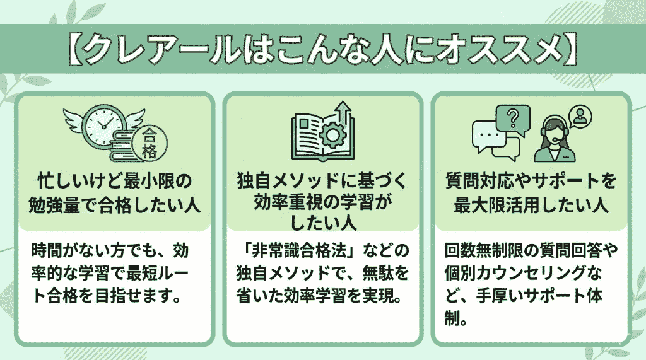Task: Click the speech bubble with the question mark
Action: point(513,118)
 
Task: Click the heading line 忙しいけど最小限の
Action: point(113,182)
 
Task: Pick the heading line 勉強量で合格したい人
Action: point(113,205)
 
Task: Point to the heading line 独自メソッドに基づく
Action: point(322,182)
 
